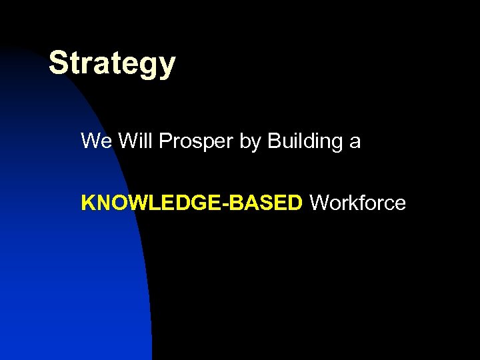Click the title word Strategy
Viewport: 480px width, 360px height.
click(x=112, y=65)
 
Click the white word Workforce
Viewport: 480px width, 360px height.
click(x=358, y=203)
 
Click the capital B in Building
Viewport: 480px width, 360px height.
click(x=273, y=141)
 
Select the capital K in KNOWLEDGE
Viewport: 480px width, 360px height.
click(x=87, y=203)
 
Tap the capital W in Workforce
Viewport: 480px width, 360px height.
click(x=319, y=203)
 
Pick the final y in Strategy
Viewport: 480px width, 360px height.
click(x=167, y=67)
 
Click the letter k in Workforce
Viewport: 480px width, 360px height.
click(x=354, y=203)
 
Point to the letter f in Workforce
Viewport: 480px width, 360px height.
click(x=363, y=203)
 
